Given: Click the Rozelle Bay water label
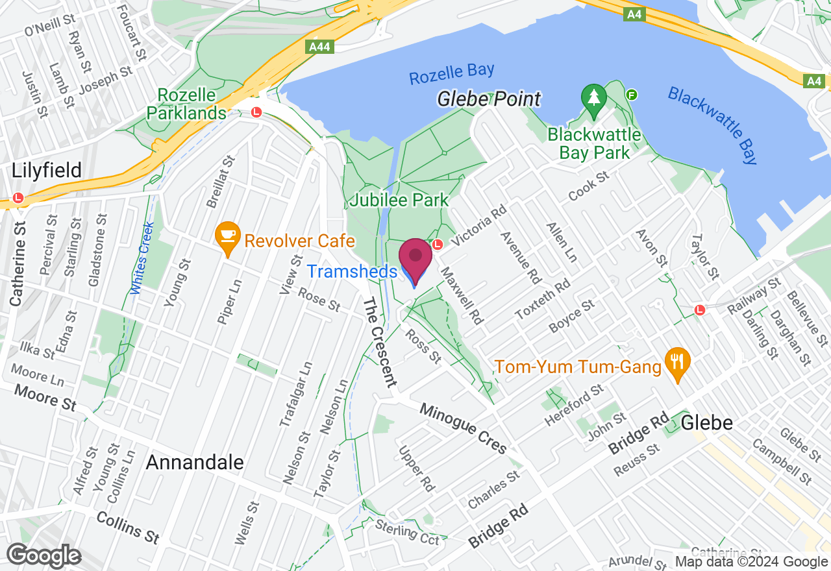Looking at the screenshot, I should click(x=451, y=73).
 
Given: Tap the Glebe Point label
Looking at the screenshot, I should click(x=488, y=99).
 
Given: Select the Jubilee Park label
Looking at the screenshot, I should click(x=399, y=200).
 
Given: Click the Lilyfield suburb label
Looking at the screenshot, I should click(x=47, y=171).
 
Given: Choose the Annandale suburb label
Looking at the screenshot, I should click(x=195, y=463).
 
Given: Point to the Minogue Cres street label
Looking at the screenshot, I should click(x=463, y=428).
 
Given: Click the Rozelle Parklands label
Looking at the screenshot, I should click(x=185, y=104).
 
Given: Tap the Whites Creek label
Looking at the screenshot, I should click(x=142, y=258).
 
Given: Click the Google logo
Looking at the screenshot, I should click(x=43, y=556).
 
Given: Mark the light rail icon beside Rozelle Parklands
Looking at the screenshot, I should click(x=256, y=112).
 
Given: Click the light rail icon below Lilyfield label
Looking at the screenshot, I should click(x=18, y=198).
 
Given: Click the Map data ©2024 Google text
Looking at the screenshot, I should click(x=751, y=562).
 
